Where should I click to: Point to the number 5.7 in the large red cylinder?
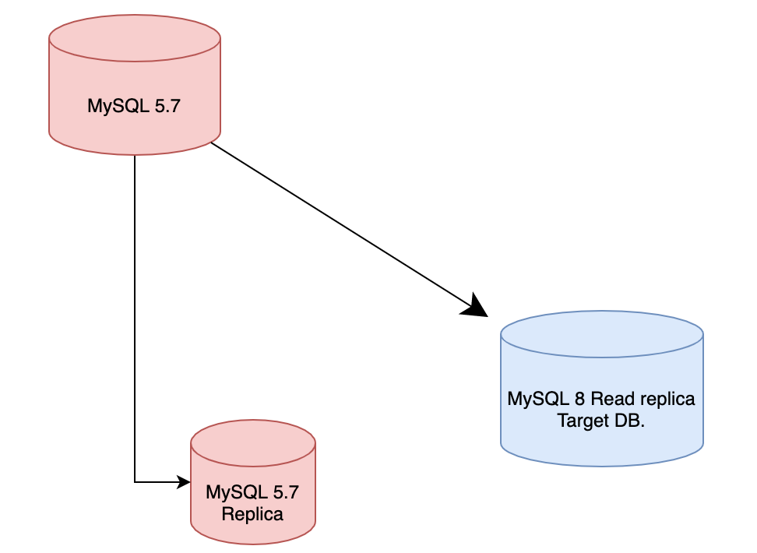click(x=164, y=107)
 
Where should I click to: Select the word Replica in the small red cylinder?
click(x=252, y=514)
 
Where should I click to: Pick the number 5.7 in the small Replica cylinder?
click(x=283, y=492)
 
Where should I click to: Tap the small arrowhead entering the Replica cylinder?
click(x=185, y=482)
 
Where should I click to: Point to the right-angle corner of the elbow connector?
click(x=135, y=482)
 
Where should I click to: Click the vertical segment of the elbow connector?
click(x=135, y=312)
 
